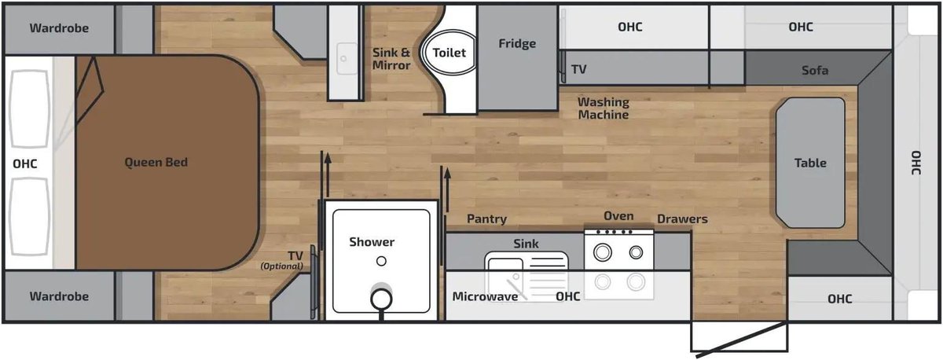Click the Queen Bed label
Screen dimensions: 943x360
(156, 162)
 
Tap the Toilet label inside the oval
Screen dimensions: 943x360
(449, 53)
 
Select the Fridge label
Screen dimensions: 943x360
(517, 43)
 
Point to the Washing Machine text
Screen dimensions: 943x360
(604, 108)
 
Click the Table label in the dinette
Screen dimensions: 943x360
(810, 163)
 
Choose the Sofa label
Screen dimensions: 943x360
(815, 70)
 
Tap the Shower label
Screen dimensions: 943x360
(372, 241)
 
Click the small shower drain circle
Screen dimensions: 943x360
(381, 262)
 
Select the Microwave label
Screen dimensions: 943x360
(485, 296)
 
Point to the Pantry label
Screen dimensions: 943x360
(486, 219)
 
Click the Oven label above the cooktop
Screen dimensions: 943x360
(618, 216)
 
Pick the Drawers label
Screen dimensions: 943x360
(682, 219)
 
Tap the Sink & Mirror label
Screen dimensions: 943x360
(391, 59)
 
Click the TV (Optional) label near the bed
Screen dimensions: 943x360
(282, 260)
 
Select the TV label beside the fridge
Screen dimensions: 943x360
(578, 69)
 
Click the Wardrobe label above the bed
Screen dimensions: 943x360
(59, 28)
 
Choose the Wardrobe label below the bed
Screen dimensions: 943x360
(59, 296)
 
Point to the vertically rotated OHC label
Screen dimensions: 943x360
(915, 163)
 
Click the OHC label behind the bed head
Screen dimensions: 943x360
(25, 163)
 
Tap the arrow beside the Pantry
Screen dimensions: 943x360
(447, 190)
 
